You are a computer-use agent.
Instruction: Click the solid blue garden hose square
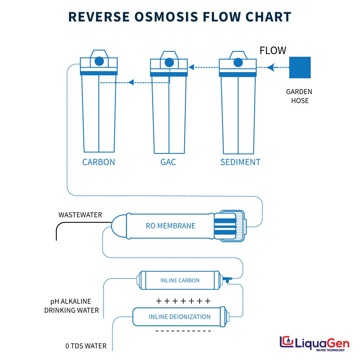(300, 67)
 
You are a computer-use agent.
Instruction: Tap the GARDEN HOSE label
(299, 96)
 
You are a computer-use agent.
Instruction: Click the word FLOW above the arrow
(273, 51)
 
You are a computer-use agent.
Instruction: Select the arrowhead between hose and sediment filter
(272, 67)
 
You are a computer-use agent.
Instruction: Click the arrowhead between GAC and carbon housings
(131, 82)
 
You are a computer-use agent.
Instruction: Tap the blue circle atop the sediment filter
(238, 62)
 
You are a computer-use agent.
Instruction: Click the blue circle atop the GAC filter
(169, 62)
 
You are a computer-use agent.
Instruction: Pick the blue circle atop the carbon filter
(99, 61)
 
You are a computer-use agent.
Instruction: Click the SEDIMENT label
(240, 162)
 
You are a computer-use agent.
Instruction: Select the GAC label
(168, 162)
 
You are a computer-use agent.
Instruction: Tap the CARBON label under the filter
(99, 162)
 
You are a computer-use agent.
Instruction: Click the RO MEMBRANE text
(170, 226)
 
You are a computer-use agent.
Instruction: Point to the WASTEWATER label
(80, 215)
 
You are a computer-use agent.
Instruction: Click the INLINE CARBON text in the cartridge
(180, 280)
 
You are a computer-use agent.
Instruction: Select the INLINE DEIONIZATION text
(180, 317)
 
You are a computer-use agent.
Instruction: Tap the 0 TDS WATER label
(86, 346)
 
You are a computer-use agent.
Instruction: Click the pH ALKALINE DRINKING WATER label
(72, 306)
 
